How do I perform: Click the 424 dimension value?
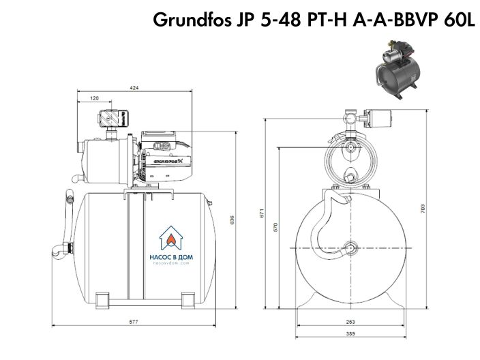[x=134, y=88]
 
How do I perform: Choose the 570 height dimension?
[x=276, y=227]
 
